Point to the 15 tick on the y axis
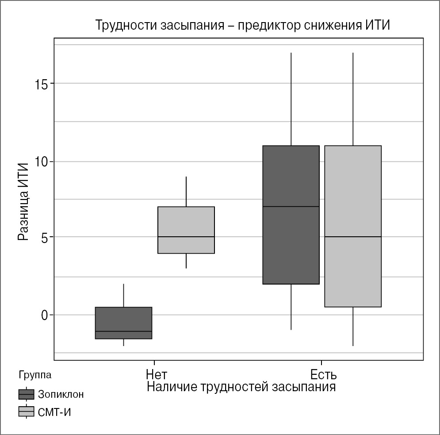pos(42,84)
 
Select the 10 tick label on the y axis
pos(42,162)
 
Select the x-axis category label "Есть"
pos(323,375)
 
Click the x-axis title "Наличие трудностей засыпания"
pos(241,387)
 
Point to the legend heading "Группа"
pos(35,375)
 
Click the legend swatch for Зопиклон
pos(26,394)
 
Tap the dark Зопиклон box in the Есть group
pos(291,177)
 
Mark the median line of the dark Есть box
pos(291,207)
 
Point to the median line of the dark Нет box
pos(124,331)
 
